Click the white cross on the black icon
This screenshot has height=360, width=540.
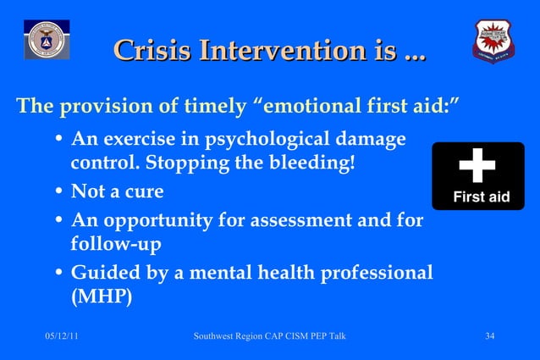[477, 166]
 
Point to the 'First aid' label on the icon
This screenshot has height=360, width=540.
[481, 197]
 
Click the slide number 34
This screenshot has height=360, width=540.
[489, 338]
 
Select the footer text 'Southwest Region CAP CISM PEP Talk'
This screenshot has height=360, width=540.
[269, 338]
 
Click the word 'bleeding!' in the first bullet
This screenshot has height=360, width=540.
[313, 162]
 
